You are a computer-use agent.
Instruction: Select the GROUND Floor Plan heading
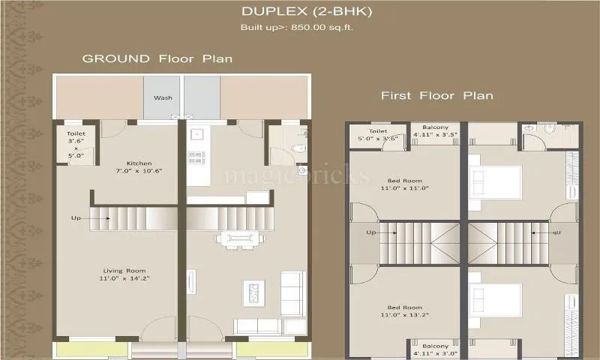tap(157, 58)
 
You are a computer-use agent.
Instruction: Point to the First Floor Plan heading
tap(436, 96)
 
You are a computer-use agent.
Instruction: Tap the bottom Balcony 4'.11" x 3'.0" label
tap(435, 349)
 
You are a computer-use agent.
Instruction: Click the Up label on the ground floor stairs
tap(76, 218)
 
